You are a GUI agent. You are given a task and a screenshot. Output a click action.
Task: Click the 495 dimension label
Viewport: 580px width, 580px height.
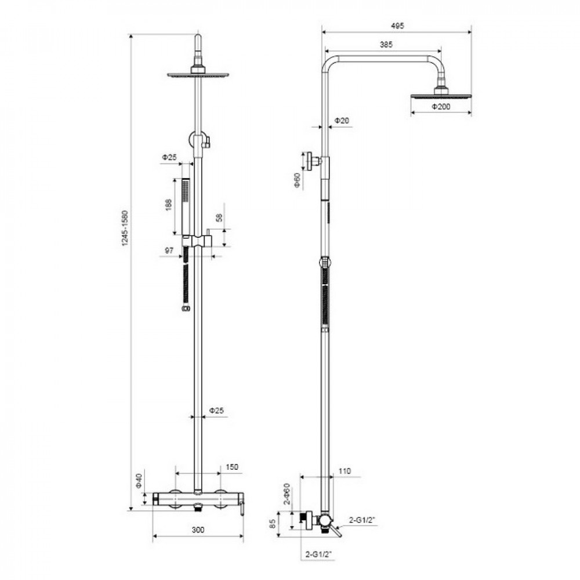coord(397,26)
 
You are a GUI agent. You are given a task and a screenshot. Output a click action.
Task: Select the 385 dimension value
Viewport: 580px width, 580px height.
coord(386,45)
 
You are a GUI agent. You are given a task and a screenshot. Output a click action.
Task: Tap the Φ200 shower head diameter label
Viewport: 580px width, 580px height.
coord(441,107)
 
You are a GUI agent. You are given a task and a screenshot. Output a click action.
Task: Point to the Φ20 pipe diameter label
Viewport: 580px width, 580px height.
coord(342,121)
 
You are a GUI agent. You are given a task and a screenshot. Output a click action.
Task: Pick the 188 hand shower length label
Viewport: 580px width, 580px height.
coord(168,205)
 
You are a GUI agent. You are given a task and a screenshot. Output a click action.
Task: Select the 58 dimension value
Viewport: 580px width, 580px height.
coord(220,217)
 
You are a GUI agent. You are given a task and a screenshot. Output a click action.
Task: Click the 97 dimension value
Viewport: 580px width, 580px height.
coord(169,251)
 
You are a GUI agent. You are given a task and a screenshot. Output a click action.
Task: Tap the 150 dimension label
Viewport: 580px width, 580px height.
coord(232,467)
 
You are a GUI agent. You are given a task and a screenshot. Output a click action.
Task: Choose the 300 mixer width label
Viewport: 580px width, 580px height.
coord(198,530)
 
